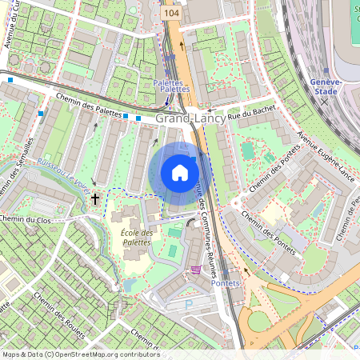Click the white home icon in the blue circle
[180, 172]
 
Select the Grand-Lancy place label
[190, 118]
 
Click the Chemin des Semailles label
[24, 157]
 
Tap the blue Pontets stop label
[225, 284]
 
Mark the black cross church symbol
[95, 198]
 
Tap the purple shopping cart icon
[196, 270]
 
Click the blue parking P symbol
[189, 304]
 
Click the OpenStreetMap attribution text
[80, 354]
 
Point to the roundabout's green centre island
[260, 324]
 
